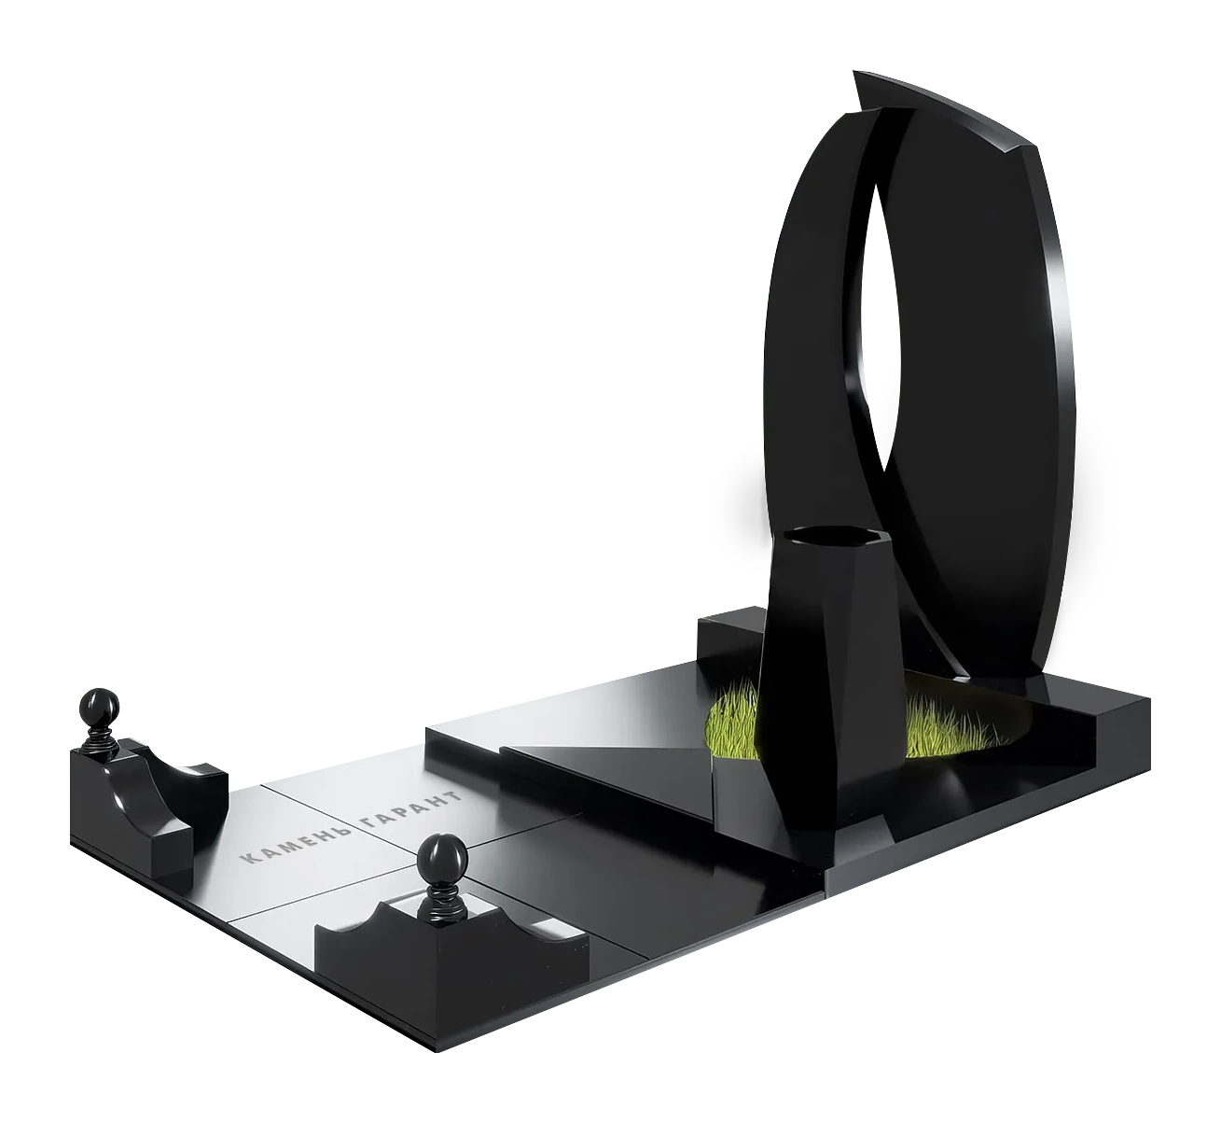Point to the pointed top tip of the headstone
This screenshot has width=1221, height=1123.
(855, 73)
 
